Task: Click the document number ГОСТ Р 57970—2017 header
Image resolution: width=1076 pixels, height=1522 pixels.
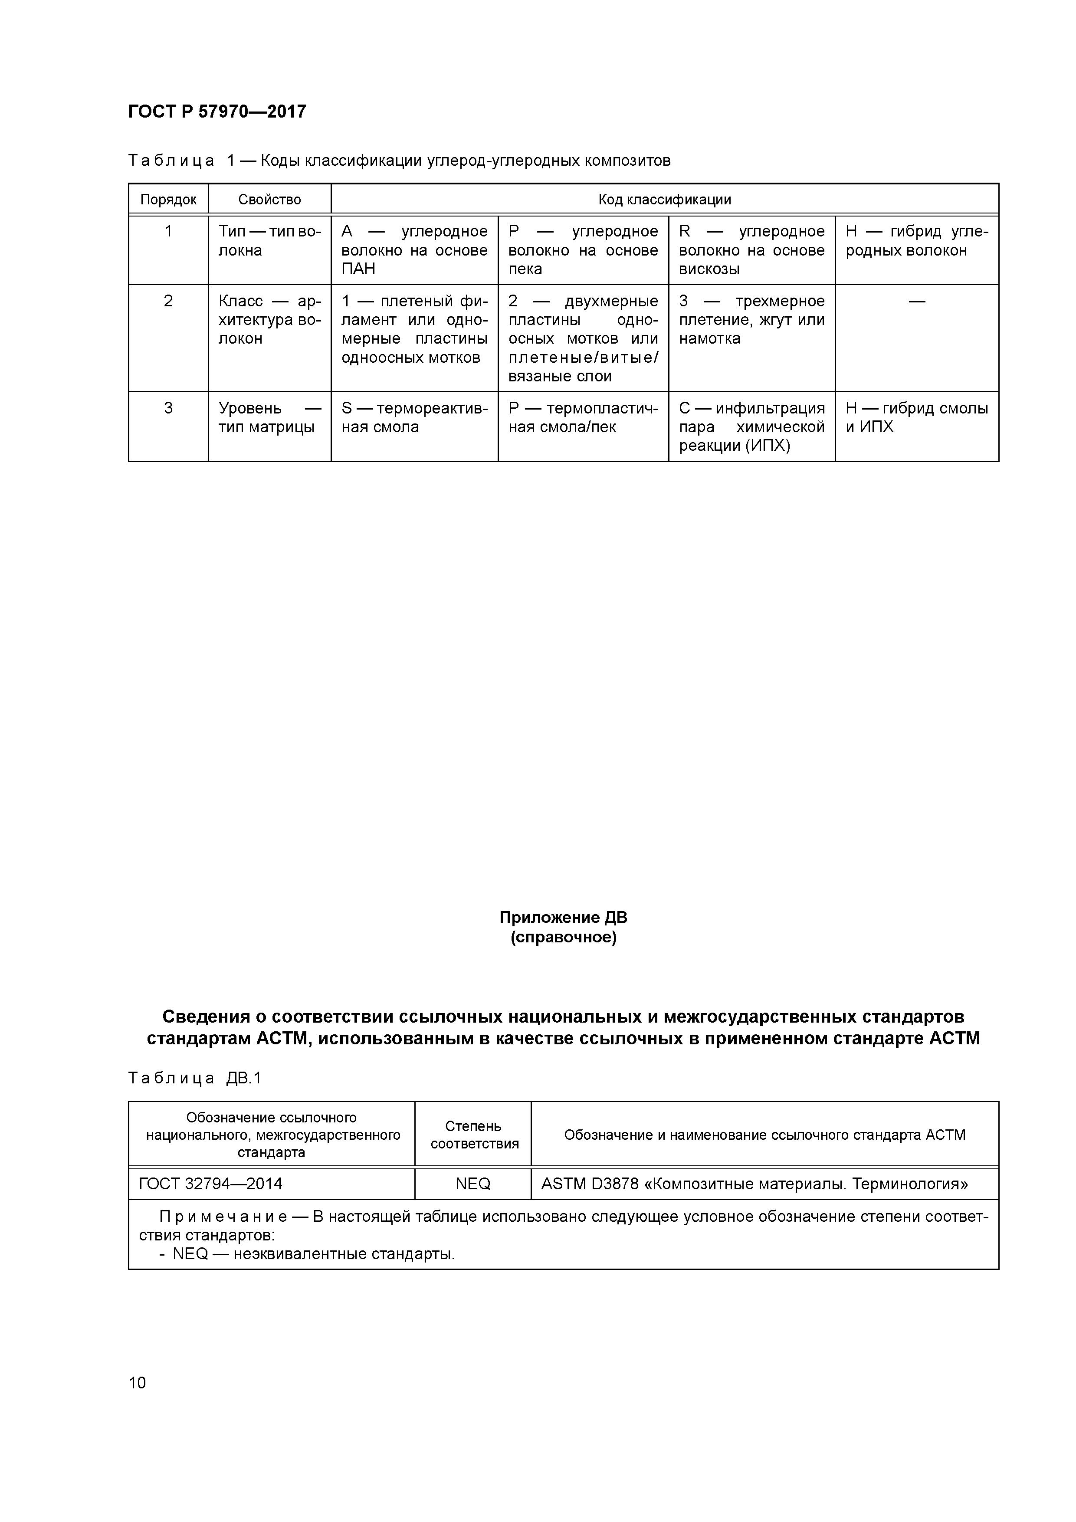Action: [217, 112]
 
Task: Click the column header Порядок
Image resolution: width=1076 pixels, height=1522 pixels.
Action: [168, 200]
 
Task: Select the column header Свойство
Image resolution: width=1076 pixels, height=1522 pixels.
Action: [269, 200]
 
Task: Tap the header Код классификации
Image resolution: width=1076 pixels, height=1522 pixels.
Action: [664, 200]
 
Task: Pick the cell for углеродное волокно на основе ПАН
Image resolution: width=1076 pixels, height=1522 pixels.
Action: [414, 250]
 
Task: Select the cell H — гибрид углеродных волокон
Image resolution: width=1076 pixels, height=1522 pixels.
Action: [916, 241]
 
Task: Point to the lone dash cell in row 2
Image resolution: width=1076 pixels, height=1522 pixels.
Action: [917, 302]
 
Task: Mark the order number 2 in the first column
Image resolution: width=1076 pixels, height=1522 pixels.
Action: [168, 301]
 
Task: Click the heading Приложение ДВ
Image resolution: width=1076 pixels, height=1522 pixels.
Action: [563, 918]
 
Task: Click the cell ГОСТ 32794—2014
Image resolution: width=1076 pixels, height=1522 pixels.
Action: [211, 1184]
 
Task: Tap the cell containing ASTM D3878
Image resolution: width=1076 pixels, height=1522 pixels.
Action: [755, 1184]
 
